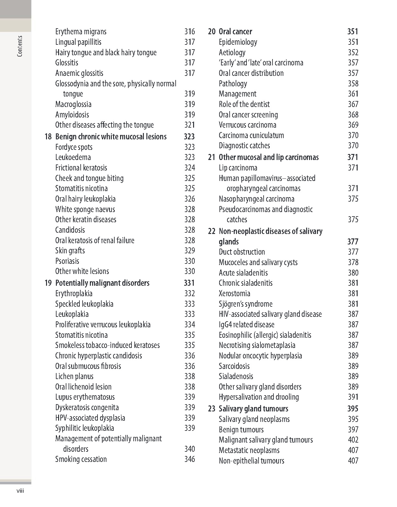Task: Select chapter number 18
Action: (48, 137)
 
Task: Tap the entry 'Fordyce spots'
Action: (74, 147)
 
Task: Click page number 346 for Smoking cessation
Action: (190, 459)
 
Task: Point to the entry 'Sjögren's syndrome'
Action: (246, 304)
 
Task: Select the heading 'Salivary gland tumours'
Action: (253, 409)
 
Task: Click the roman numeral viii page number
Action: (20, 491)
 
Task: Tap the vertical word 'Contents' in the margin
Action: (20, 46)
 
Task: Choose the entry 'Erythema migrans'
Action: (81, 32)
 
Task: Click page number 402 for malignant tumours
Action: (353, 440)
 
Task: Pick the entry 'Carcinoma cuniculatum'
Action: (251, 136)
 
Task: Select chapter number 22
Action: (212, 231)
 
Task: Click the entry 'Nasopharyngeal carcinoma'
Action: (256, 199)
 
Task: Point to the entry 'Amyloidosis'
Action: (72, 115)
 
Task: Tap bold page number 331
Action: (189, 283)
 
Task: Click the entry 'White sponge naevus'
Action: (85, 210)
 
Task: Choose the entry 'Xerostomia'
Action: (234, 294)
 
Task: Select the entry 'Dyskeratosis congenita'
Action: (87, 408)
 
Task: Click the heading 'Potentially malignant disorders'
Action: (102, 283)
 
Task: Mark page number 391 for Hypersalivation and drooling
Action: (353, 397)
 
